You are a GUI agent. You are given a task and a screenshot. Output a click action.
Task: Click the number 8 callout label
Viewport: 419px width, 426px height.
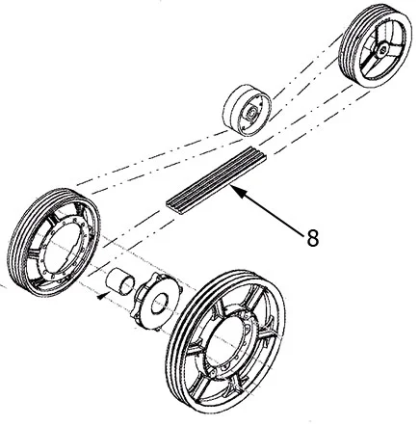pos(312,238)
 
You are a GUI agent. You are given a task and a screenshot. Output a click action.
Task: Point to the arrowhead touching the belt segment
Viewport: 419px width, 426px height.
pos(238,191)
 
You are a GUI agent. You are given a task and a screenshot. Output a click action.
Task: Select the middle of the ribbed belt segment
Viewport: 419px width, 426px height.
pos(217,180)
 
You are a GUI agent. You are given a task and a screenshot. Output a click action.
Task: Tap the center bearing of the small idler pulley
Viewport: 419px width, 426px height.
pos(251,113)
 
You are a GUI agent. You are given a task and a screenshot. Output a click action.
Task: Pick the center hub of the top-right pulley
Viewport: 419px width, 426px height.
pos(383,49)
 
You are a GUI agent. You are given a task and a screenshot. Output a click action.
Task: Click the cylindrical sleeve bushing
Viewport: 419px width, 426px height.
pos(120,281)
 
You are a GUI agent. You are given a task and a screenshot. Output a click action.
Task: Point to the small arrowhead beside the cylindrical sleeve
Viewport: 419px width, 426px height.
pos(101,297)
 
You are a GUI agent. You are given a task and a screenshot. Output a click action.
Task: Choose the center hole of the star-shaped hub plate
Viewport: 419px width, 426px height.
pos(160,303)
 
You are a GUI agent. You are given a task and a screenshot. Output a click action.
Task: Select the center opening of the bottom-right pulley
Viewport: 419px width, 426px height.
pos(228,340)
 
